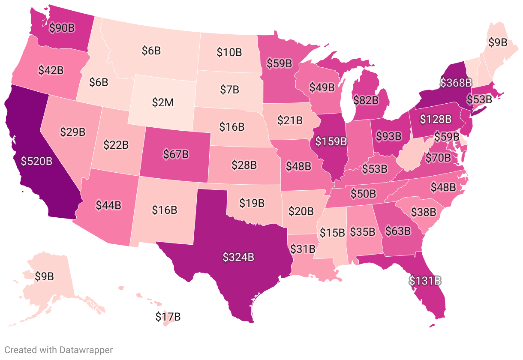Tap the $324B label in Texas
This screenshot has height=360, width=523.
239,257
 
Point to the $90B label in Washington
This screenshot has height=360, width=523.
62,28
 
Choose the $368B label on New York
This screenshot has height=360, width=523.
456,82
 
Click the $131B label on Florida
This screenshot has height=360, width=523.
425,281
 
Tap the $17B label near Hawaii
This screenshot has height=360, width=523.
168,317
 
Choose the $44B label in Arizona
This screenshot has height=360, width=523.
108,205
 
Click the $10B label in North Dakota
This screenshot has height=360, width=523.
229,53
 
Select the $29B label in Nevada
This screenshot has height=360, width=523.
72,132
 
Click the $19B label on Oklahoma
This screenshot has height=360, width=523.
252,203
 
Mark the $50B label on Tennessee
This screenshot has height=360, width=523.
363,193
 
